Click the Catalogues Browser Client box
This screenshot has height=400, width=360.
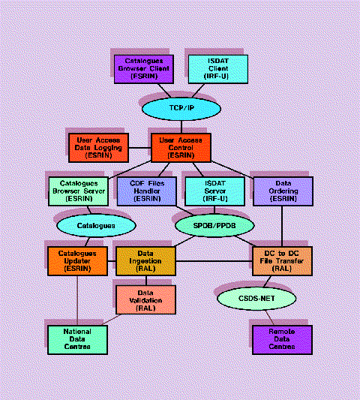[x=143, y=68]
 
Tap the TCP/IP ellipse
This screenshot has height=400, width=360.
[x=176, y=108]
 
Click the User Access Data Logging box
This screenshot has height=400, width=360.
[x=98, y=148]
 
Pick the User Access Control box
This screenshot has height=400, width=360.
[x=181, y=148]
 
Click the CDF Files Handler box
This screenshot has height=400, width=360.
[x=146, y=191]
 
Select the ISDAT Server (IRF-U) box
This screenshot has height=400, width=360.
[x=214, y=191]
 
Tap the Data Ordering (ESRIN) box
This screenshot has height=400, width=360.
[x=281, y=191]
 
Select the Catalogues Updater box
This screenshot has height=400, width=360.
[x=78, y=260]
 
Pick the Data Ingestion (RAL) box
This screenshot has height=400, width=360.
[x=145, y=260]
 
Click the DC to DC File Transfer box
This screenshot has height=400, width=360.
[x=281, y=260]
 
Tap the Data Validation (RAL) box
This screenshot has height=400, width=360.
[x=145, y=299]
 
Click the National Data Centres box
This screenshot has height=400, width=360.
[x=78, y=338]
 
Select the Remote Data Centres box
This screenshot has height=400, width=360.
[x=281, y=338]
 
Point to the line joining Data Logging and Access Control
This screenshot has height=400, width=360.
[x=139, y=148]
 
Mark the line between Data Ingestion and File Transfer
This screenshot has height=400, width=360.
[x=214, y=261]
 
